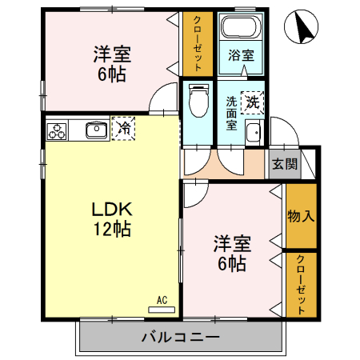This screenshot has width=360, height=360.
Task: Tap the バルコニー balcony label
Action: [x=181, y=337]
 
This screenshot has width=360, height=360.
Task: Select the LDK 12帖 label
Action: [x=110, y=218]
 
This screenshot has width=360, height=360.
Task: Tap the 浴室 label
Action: [x=241, y=57]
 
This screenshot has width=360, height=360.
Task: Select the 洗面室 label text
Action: [x=230, y=113]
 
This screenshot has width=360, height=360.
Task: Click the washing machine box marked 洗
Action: [x=252, y=102]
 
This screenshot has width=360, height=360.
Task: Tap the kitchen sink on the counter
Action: [x=96, y=128]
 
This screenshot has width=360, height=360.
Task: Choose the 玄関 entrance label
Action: [x=283, y=164]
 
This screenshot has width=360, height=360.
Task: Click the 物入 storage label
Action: [x=301, y=215]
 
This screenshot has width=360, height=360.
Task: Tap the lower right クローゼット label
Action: [x=301, y=284]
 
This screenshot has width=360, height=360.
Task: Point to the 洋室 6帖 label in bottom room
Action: [x=230, y=253]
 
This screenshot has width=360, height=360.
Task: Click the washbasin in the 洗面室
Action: [x=254, y=132]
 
